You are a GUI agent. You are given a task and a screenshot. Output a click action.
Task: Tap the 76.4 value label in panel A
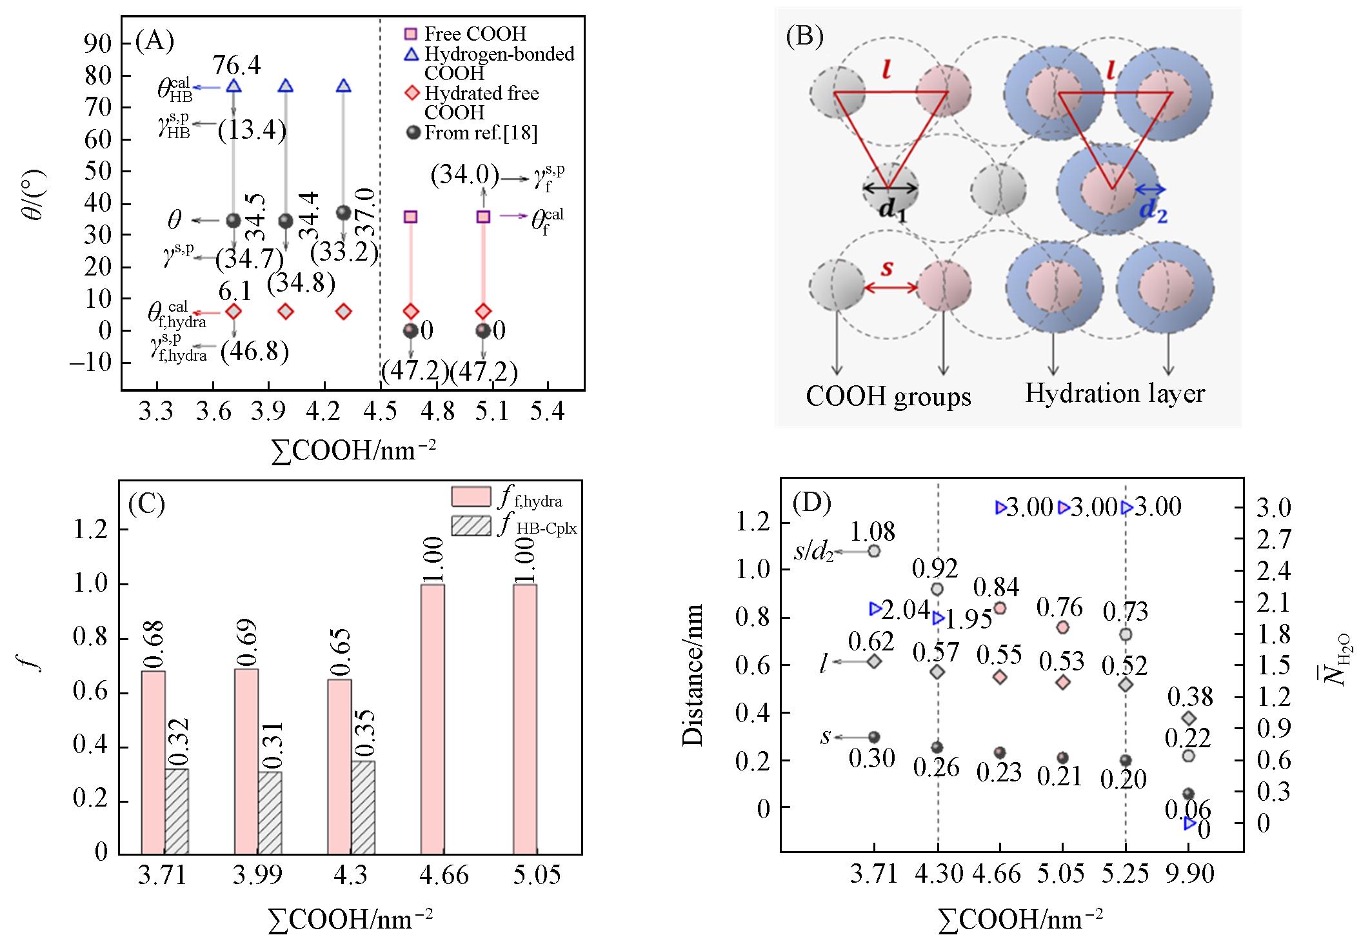[x=237, y=65]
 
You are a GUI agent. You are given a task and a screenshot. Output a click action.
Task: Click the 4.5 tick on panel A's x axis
[x=380, y=411]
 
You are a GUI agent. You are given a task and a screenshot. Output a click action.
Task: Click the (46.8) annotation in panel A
[x=254, y=352]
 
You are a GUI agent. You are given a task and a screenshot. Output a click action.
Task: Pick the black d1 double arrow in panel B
[x=890, y=188]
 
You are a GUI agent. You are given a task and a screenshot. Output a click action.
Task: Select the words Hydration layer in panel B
[x=1115, y=393]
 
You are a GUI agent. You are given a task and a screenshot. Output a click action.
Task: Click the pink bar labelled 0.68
[x=153, y=761]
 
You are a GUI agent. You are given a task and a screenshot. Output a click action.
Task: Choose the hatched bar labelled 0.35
[x=363, y=807]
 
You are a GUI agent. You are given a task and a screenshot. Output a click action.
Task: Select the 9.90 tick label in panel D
[x=1191, y=874]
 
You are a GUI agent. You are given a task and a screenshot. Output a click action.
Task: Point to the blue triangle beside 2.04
[x=875, y=608]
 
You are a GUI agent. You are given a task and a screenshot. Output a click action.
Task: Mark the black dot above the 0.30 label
[x=874, y=737]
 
